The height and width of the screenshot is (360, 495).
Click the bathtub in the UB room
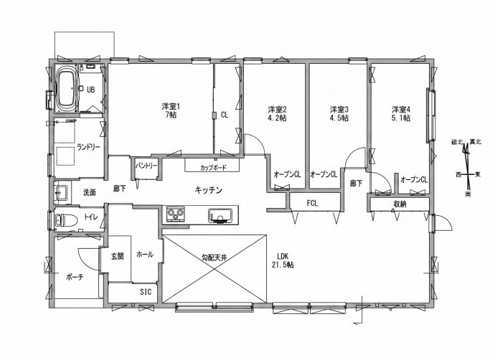click(x=66, y=89)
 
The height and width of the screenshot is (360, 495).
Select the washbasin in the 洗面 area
click(x=61, y=191)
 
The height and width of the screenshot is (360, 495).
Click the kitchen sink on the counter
click(x=220, y=216)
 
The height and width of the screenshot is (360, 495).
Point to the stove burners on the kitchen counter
click(x=176, y=214)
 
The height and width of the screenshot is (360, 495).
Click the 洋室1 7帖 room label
click(x=171, y=110)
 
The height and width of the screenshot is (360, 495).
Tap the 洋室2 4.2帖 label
click(x=277, y=114)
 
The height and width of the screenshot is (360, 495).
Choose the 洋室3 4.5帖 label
click(x=339, y=114)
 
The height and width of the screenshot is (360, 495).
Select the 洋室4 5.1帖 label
click(x=401, y=114)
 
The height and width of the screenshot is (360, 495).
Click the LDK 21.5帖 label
click(x=283, y=260)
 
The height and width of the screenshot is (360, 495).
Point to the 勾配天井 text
click(x=214, y=257)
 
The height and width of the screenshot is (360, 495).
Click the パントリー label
click(x=146, y=166)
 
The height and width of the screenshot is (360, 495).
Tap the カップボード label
click(x=213, y=167)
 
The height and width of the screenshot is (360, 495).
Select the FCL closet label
click(x=312, y=204)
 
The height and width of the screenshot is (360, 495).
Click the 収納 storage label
click(x=400, y=204)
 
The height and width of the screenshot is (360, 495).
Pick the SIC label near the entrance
click(x=146, y=292)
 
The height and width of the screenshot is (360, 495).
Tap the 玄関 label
click(x=117, y=257)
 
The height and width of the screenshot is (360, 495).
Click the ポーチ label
click(x=75, y=278)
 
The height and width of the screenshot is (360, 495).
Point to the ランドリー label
click(x=88, y=147)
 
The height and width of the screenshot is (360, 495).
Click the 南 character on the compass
click(x=468, y=194)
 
